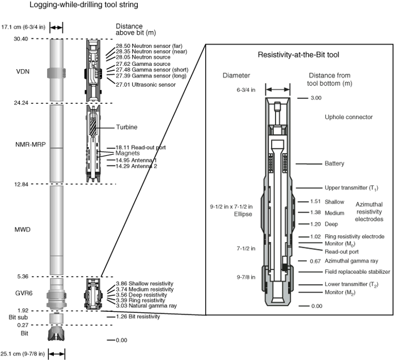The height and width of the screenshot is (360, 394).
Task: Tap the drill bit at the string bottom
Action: pos(56,334)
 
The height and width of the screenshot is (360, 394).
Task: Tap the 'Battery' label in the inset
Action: pos(334,163)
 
